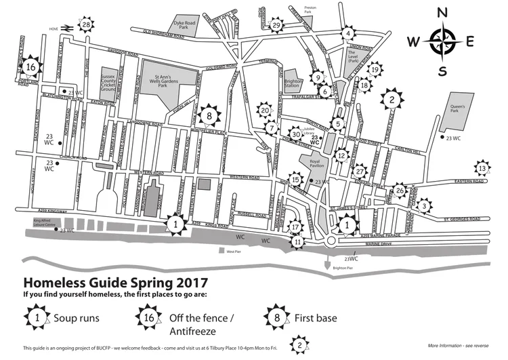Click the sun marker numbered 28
(x=86, y=25)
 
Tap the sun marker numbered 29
(x=276, y=25)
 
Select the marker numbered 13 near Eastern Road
(x=482, y=168)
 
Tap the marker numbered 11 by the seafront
(x=299, y=241)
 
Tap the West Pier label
(x=234, y=252)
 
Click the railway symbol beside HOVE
(x=68, y=28)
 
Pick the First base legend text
(x=316, y=317)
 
